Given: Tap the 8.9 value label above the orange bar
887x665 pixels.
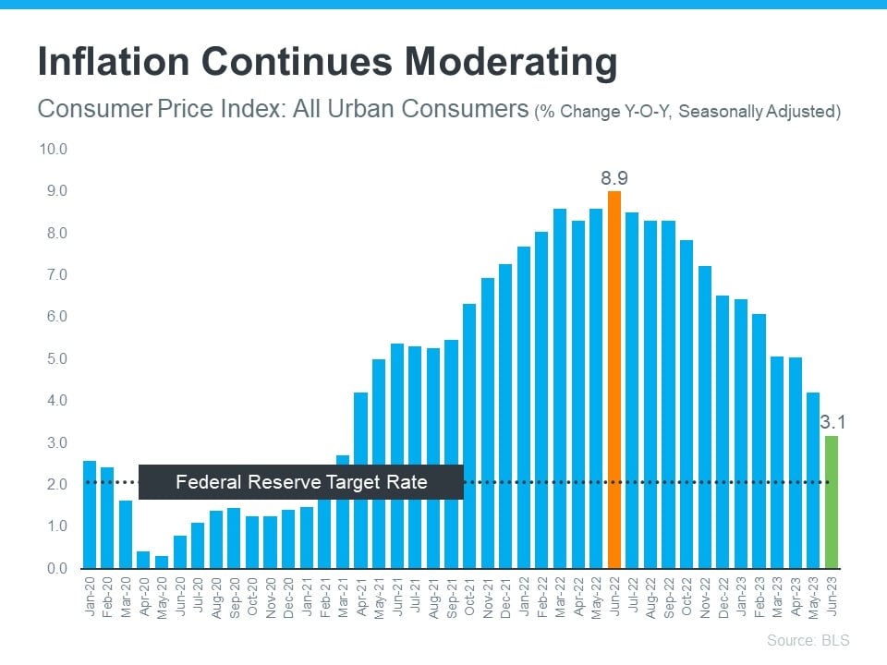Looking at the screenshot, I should [x=614, y=177].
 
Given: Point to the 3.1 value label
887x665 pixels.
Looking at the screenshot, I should [x=833, y=423].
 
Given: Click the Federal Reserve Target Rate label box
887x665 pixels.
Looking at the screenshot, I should [x=301, y=481].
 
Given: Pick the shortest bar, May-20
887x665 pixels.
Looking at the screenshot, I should [x=162, y=562].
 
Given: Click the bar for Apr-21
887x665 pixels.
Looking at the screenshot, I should [x=361, y=479].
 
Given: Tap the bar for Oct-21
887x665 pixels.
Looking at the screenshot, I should [x=469, y=435].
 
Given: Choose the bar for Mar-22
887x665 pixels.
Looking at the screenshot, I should [x=560, y=388].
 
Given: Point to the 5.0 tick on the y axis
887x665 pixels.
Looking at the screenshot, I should [x=52, y=358].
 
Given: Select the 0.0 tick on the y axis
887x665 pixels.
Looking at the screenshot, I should [x=52, y=568].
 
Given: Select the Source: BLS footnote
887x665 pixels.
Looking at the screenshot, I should [x=808, y=640].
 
